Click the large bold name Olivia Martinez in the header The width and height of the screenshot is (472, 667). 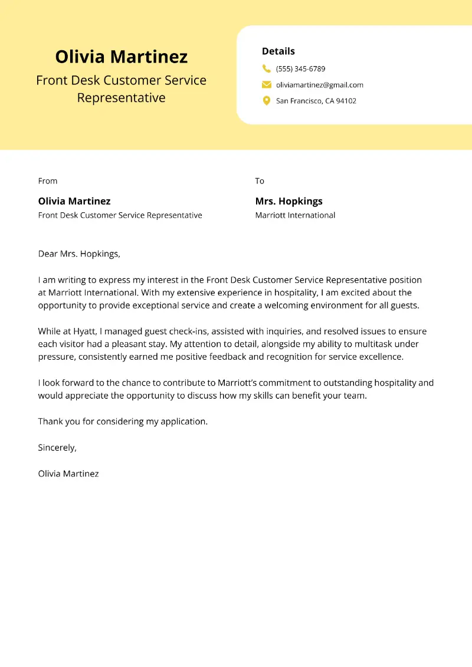point(121,57)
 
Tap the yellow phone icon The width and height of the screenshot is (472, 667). point(267,68)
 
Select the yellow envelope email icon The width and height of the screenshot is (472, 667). point(267,84)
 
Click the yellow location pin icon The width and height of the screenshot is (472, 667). point(267,101)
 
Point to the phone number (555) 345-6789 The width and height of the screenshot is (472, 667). point(300,69)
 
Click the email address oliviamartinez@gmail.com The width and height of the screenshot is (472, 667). point(319,85)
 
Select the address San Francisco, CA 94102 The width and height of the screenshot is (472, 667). point(316,101)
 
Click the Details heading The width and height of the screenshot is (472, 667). point(278,51)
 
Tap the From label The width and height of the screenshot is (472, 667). point(48,181)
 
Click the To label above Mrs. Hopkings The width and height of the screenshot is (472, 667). point(260,181)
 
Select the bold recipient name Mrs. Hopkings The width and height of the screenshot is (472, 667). point(289,201)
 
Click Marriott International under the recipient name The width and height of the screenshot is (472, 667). point(295,215)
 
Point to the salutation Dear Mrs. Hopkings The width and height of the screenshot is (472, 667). point(79,254)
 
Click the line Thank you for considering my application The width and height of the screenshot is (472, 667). point(123,422)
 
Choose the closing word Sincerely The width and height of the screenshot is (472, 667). point(57,448)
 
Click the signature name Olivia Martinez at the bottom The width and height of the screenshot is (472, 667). point(68,474)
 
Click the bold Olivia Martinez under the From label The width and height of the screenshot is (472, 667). point(74,201)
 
